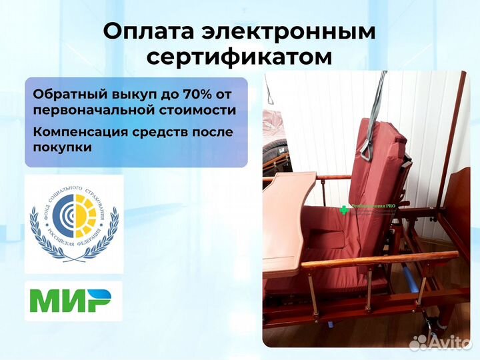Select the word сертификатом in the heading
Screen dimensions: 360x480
(x=239, y=57)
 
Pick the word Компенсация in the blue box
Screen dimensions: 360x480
(x=75, y=131)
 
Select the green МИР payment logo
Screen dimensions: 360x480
(x=73, y=301)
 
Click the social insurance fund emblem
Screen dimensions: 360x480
(x=73, y=223)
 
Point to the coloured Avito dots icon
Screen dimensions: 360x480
(x=418, y=342)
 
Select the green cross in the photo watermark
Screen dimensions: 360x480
(x=345, y=209)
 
